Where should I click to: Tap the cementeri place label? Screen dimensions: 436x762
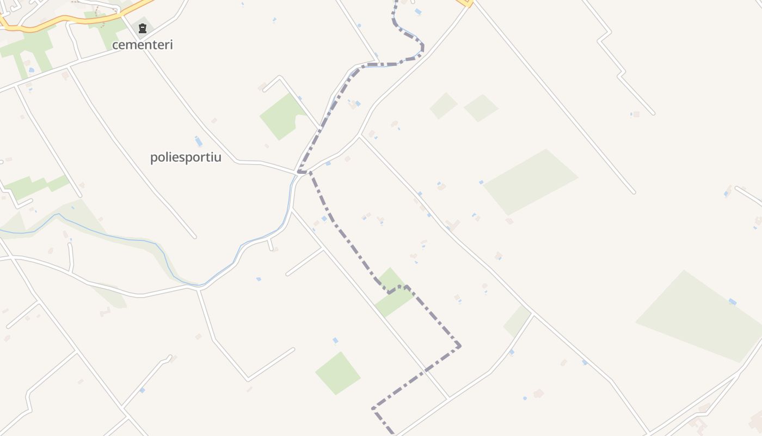tap(143, 45)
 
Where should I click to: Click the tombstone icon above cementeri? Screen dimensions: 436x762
tap(143, 28)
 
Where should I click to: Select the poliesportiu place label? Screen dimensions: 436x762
tap(186, 158)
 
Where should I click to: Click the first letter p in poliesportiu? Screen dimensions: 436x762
tap(153, 158)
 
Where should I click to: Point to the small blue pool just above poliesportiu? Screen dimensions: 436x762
tap(199, 141)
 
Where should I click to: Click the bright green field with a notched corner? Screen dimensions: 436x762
tap(282, 116)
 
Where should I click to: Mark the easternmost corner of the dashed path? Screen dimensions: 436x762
tap(460, 346)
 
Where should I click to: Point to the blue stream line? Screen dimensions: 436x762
tap(109, 236)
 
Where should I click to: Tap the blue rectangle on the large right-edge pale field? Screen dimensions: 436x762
tap(733, 301)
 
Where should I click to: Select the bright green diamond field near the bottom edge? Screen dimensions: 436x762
tap(337, 373)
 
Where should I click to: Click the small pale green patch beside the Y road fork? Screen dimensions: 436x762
tap(517, 320)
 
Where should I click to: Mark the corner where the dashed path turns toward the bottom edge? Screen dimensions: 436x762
tap(373, 408)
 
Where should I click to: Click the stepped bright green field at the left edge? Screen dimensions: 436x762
tap(35, 185)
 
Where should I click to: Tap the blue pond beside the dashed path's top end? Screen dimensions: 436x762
tap(417, 11)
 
